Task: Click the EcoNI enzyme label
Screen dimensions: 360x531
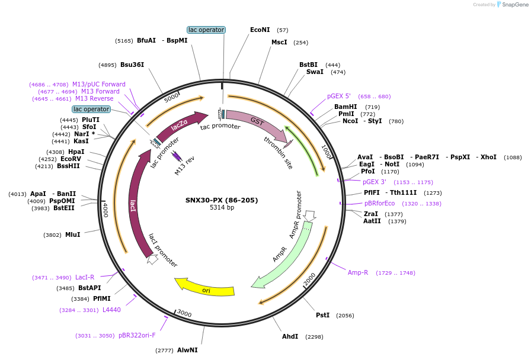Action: coord(260,30)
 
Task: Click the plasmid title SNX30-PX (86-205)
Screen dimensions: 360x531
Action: coord(222,200)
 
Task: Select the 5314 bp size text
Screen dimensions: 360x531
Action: coord(222,208)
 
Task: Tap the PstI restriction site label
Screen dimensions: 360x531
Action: coord(322,316)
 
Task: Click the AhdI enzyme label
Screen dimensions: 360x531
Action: coord(290,337)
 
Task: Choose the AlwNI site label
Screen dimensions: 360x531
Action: coord(187,351)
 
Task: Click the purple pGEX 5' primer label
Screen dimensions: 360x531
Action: coord(339,96)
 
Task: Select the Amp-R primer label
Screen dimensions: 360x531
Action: coord(357,272)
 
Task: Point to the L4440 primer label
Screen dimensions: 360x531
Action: coord(111,310)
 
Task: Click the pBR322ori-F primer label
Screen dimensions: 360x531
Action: coord(137,335)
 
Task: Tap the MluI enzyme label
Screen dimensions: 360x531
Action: coord(72,234)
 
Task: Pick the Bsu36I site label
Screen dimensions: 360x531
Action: coord(132,65)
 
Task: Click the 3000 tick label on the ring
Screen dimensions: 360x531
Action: coord(184,313)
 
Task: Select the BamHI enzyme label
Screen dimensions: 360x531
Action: coord(346,107)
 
